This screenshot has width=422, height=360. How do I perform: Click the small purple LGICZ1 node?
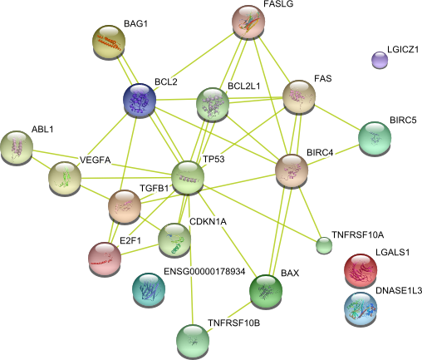380,60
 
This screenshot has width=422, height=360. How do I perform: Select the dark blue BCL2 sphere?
140,100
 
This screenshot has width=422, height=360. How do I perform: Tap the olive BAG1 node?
109,42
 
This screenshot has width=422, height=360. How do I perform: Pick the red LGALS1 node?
361,270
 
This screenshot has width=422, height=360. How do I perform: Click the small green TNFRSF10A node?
324,245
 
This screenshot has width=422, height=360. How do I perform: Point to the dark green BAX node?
266,292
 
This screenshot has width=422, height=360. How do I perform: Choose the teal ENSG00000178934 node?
149,289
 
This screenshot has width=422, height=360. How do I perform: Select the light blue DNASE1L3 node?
361,308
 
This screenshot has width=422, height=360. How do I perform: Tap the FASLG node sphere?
248,22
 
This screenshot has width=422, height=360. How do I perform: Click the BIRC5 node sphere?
375,138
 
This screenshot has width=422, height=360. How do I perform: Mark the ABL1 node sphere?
17,147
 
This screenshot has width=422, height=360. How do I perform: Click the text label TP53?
213,160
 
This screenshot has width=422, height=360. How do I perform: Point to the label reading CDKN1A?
208,221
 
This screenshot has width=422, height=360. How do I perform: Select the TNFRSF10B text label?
234,323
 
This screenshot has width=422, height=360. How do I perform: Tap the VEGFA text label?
95,160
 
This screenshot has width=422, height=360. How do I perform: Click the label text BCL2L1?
244,86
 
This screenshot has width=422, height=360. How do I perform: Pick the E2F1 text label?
130,240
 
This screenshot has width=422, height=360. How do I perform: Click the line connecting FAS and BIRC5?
337,117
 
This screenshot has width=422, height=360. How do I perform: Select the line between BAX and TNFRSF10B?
229,315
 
